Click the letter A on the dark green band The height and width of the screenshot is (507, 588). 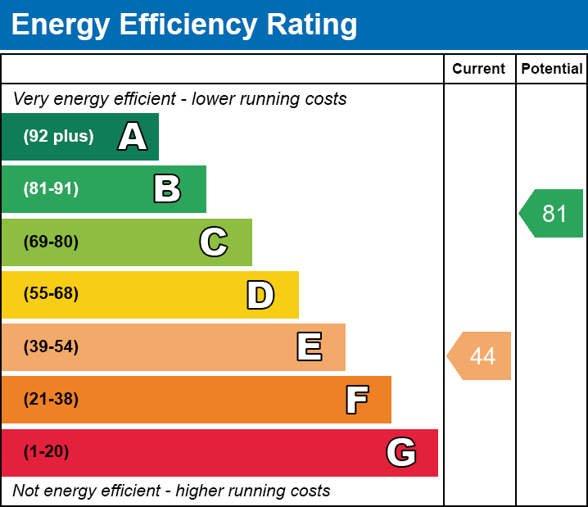[x=133, y=137]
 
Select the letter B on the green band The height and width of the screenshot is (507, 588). [x=167, y=189]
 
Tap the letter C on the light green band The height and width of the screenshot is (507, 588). [x=214, y=242]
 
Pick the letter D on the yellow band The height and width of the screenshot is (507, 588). [x=260, y=295]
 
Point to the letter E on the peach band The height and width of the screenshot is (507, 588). [x=309, y=347]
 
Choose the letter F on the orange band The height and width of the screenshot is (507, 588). [x=356, y=400]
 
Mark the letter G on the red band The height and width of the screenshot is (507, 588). [x=401, y=452]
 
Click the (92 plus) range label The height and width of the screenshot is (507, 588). [x=58, y=137]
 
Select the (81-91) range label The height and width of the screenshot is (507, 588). [x=51, y=189]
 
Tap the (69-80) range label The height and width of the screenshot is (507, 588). [x=51, y=242]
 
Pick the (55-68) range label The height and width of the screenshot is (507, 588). [x=51, y=294]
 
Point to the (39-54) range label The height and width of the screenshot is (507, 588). [x=51, y=347]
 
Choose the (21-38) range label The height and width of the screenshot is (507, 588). [x=51, y=400]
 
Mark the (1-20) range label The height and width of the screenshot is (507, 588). [x=47, y=452]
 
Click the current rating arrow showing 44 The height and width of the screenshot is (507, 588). [x=480, y=356]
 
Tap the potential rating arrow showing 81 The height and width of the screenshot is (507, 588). [x=552, y=214]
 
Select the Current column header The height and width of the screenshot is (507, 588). [x=479, y=70]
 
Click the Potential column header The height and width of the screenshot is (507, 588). [x=552, y=70]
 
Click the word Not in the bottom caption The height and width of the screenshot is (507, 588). [x=26, y=491]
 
